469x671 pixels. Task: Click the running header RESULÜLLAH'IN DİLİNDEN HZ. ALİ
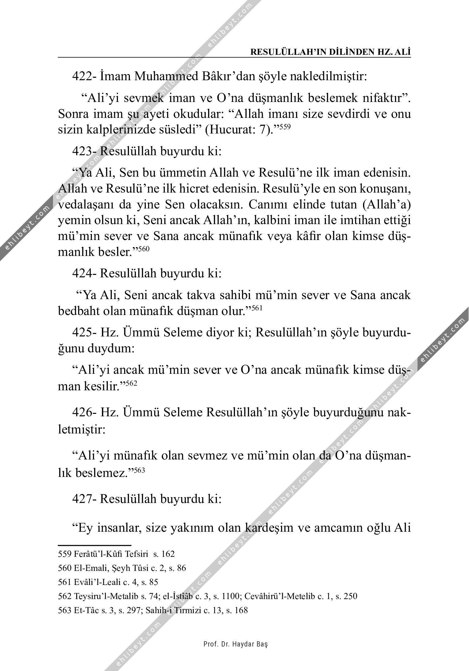point(331,52)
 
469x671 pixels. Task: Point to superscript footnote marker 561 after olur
point(257,308)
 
